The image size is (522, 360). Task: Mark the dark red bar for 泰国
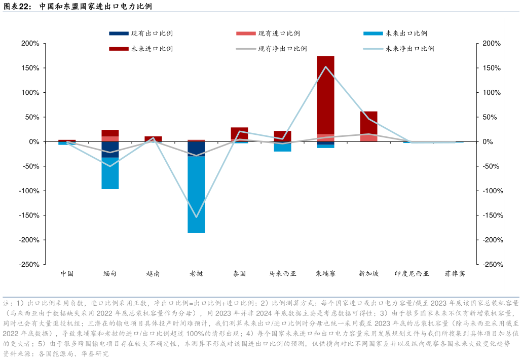239,133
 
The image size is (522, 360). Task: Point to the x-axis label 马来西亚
282,273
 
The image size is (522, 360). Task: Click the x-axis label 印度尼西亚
412,273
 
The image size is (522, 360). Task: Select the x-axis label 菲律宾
455,273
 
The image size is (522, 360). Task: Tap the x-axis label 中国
67,273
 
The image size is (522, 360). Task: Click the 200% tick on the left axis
30,44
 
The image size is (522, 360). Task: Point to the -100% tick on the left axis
29,191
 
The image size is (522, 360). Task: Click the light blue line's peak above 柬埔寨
325,66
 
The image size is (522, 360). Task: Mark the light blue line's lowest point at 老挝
196,217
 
